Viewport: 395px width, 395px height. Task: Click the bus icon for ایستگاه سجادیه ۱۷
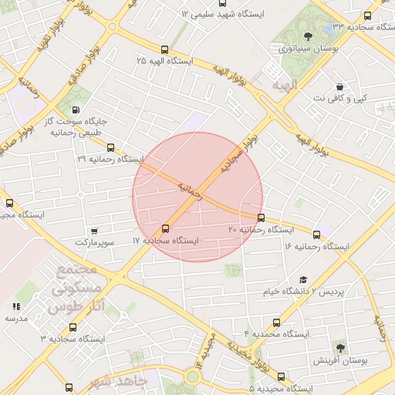coord(165,228)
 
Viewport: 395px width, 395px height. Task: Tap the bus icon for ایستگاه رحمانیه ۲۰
coord(261,218)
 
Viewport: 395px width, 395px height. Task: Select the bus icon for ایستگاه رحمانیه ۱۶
coord(316,235)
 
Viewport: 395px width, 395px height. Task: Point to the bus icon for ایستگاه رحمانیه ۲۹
coord(110,147)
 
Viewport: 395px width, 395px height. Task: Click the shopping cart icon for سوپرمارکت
coord(94,230)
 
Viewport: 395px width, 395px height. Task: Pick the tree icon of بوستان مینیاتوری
coord(308,36)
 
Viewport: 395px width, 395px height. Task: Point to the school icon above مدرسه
coord(16,306)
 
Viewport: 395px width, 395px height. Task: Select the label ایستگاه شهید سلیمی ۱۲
coord(229,15)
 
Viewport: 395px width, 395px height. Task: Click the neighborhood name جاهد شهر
coord(117,382)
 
